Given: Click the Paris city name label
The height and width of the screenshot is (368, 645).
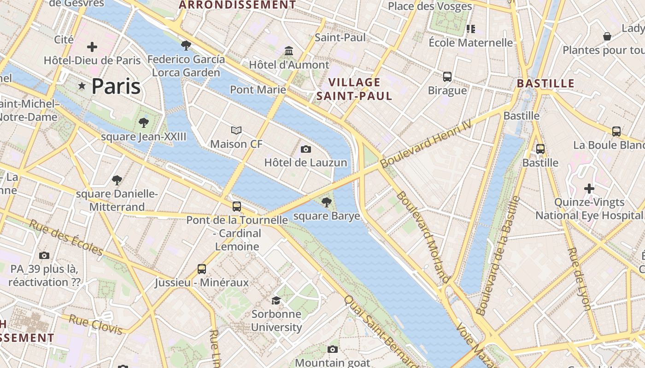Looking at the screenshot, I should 116,86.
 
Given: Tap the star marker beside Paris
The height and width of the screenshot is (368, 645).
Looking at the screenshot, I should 82,86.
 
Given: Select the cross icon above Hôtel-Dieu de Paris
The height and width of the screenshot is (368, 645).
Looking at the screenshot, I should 92,47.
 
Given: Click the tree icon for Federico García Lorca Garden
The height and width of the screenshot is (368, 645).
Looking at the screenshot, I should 186,45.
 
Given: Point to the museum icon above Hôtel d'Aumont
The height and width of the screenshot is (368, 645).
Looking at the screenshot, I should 289,50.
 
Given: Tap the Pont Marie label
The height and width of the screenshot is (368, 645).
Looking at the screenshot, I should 258,89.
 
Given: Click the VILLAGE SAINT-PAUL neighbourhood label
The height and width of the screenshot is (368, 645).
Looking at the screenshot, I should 354,89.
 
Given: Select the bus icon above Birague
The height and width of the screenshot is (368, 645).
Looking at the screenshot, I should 447,76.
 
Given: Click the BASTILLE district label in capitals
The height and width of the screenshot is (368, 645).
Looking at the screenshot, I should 545,84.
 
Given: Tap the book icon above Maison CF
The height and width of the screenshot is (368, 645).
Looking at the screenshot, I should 236,131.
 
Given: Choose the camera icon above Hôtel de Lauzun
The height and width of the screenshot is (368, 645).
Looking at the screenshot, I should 305,149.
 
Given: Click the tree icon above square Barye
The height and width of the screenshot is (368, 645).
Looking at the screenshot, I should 327,201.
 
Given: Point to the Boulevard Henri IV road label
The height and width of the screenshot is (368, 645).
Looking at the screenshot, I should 427,145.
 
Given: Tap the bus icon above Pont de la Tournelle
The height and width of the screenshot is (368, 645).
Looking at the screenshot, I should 237,206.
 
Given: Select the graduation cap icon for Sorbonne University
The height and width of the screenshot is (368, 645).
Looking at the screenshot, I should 276,301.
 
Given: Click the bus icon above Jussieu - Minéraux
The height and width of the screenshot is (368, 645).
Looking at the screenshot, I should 202,269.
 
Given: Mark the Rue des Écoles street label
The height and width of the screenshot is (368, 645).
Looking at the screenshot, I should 66,237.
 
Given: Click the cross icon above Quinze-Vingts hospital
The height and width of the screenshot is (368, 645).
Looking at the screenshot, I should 589,188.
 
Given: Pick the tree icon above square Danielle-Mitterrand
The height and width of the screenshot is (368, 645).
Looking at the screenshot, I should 117,180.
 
